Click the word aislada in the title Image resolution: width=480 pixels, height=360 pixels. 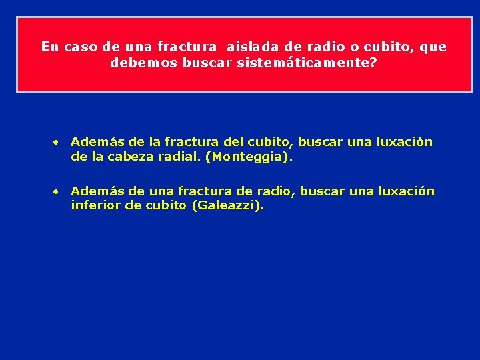[248, 47]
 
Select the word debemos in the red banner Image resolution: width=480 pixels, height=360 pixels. [134, 63]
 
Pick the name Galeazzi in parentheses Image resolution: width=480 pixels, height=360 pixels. [227, 206]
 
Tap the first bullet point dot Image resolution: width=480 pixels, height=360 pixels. [58, 142]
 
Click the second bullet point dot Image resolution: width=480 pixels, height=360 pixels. [58, 191]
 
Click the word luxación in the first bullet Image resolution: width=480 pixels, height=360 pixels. [404, 142]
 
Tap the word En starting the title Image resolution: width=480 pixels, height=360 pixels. [49, 47]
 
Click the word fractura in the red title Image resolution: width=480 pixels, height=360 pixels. [187, 47]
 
